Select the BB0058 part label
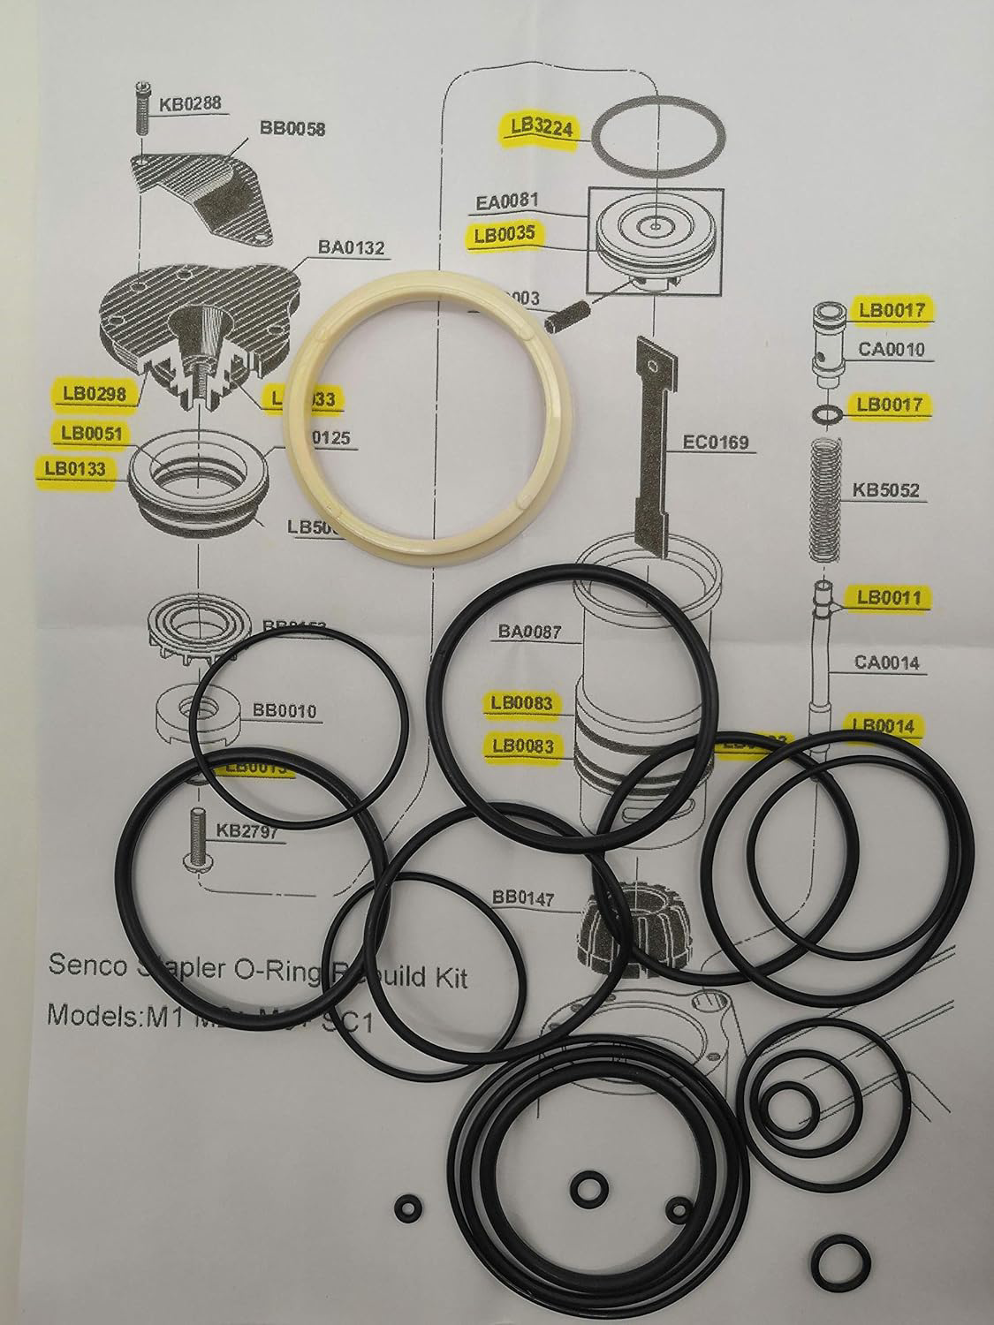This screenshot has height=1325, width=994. (292, 129)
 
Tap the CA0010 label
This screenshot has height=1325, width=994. (890, 349)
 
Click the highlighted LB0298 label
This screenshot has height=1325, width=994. (92, 394)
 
